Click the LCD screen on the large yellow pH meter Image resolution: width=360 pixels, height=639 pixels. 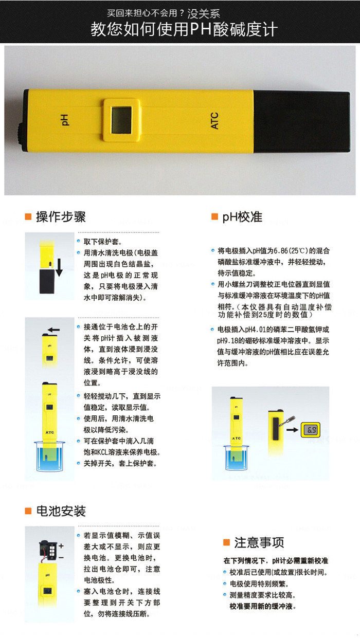coord(121,120)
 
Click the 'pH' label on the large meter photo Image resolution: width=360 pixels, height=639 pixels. coord(65,120)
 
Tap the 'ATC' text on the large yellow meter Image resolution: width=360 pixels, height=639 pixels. coord(214,121)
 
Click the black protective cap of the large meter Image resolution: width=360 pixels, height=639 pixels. coord(301,122)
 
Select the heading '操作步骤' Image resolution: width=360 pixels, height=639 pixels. coord(61,217)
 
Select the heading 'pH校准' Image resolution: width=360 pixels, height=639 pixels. coord(242,217)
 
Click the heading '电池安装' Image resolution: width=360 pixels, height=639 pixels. coord(61,511)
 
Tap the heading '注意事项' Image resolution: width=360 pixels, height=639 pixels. coord(259,542)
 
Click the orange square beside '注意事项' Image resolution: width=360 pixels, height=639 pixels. coord(226,542)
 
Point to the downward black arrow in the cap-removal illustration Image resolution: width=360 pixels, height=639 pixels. coord(59,268)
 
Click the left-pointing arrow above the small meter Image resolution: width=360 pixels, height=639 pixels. coord(53,330)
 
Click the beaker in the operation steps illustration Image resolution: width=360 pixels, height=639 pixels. coord(49,456)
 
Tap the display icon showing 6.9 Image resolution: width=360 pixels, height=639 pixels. coord(311,430)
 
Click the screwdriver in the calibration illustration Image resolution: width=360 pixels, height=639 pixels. coord(287,422)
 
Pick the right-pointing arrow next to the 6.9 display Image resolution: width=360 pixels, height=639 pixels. coord(292,430)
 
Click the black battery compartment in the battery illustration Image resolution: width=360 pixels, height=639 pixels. coord(48,551)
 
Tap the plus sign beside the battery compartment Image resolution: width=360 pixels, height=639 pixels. coord(61,546)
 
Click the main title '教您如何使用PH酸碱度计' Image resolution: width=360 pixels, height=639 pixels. coord(184,29)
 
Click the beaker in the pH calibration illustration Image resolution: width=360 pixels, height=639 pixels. coord(237,458)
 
